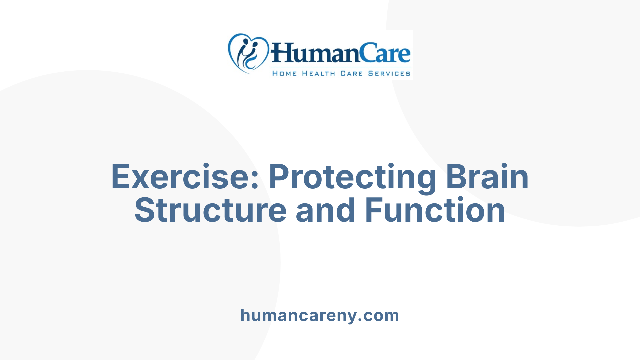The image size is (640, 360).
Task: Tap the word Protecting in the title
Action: pyautogui.click(x=352, y=177)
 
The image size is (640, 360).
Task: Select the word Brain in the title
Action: pyautogui.click(x=487, y=177)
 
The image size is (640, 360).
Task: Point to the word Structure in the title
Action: pyautogui.click(x=210, y=210)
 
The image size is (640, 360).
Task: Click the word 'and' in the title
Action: pyautogui.click(x=326, y=210)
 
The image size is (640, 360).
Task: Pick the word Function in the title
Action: pyautogui.click(x=435, y=210)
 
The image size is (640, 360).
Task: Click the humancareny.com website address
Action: pyautogui.click(x=320, y=315)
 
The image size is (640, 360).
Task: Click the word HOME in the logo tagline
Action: pyautogui.click(x=284, y=74)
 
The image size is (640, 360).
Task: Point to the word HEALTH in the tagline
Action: pyautogui.click(x=318, y=74)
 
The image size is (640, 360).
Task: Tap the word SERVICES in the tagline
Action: pyautogui.click(x=389, y=74)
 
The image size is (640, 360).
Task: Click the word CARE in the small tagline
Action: pyautogui.click(x=351, y=74)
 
